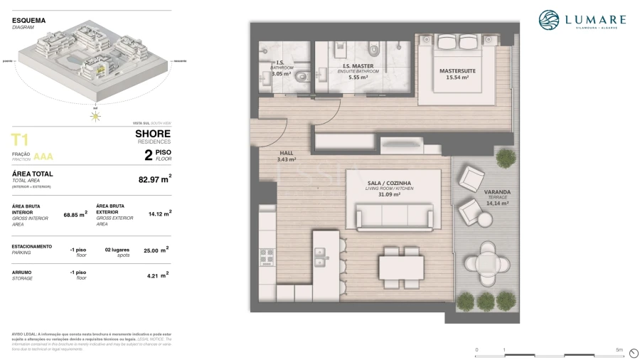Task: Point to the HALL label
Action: point(286,153)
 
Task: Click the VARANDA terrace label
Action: point(497,192)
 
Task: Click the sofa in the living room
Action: point(394,216)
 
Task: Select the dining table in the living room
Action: point(401,267)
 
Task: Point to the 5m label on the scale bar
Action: point(619,350)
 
